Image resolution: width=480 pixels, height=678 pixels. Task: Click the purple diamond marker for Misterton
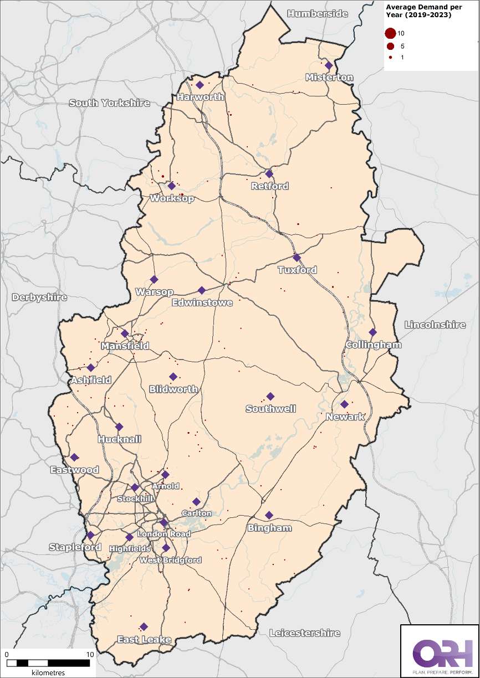point(329,65)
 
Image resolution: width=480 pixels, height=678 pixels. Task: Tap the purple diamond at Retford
point(269,174)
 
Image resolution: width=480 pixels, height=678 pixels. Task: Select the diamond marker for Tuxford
point(297,258)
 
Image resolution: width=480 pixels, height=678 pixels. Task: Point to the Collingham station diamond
point(372,332)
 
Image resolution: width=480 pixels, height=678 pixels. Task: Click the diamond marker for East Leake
point(144,626)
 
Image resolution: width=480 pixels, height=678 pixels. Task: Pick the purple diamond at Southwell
point(270,397)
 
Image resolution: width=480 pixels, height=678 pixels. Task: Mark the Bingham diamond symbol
point(269,515)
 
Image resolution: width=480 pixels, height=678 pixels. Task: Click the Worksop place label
point(172,198)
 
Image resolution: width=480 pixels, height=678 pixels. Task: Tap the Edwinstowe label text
point(202,302)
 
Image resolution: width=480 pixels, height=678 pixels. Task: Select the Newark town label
point(346,417)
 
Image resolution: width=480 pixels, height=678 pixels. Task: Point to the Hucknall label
point(119,439)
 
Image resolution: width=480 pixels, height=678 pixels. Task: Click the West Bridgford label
point(171,560)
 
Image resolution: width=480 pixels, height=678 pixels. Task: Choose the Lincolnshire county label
point(435,325)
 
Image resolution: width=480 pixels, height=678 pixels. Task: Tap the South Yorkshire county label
point(109,103)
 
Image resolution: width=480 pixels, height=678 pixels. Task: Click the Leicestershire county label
point(304,633)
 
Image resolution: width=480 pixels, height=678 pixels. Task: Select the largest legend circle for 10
point(391,34)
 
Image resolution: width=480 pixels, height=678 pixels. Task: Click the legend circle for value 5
point(391,46)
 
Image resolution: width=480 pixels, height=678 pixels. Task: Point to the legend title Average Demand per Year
point(418,11)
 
